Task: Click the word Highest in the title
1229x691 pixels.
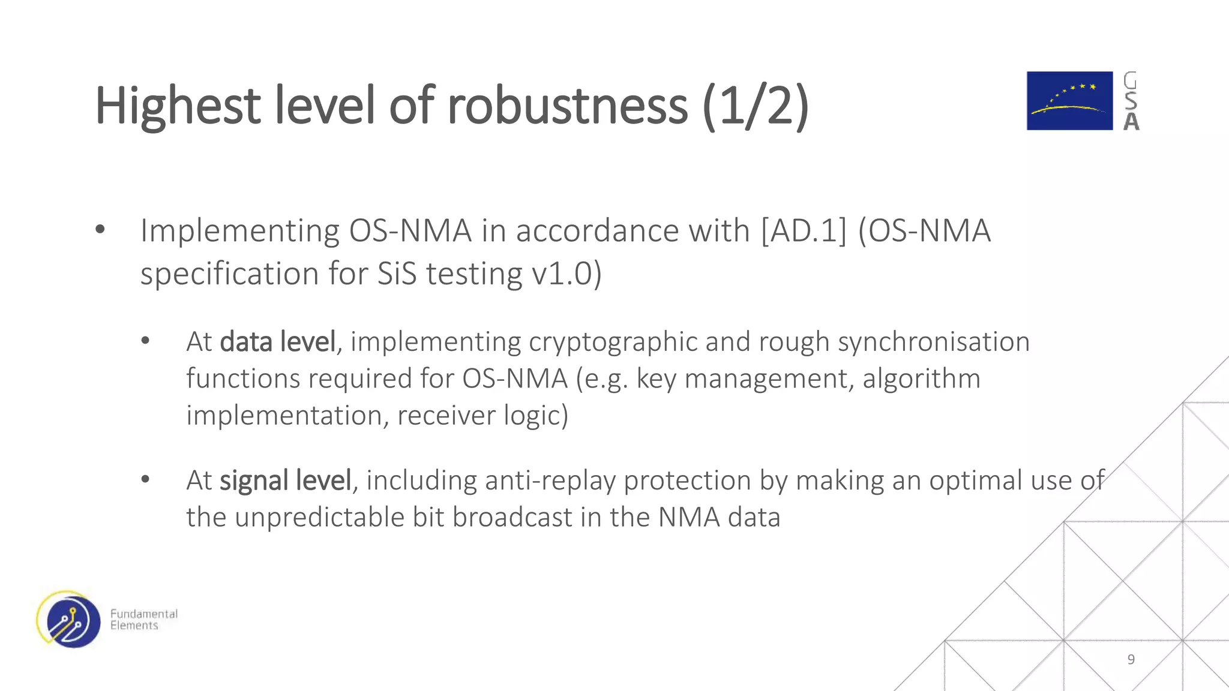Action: click(x=178, y=107)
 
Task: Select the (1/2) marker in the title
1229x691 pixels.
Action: click(x=756, y=107)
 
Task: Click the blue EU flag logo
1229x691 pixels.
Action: click(x=1069, y=101)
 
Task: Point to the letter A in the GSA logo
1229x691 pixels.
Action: click(x=1131, y=122)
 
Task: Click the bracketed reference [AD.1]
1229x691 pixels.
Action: click(x=804, y=231)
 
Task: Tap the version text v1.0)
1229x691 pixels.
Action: click(x=566, y=274)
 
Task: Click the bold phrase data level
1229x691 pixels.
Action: click(x=278, y=342)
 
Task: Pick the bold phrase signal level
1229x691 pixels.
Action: click(x=285, y=480)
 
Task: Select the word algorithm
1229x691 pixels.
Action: click(x=921, y=378)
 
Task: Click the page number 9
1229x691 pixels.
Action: click(x=1131, y=659)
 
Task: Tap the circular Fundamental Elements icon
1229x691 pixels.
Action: click(x=68, y=620)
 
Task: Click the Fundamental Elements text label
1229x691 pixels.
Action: click(x=143, y=620)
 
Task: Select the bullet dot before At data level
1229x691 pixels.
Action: click(x=145, y=341)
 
